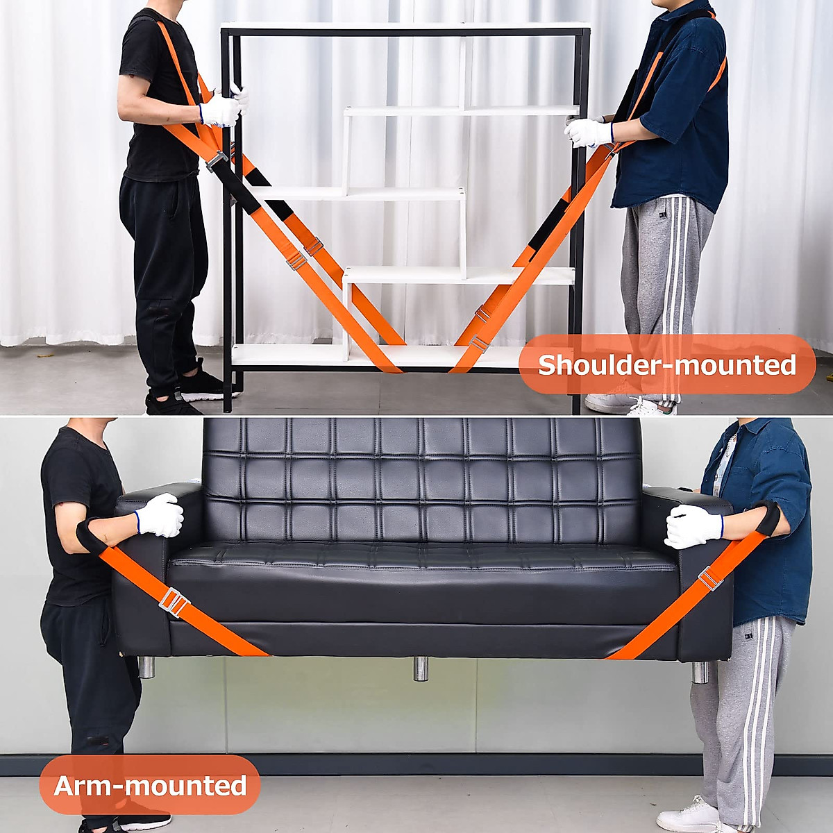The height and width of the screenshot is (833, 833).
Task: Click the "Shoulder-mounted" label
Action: [x=666, y=364]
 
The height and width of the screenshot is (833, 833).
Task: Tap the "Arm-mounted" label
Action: [x=150, y=785]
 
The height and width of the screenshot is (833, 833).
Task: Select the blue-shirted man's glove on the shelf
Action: [x=588, y=132]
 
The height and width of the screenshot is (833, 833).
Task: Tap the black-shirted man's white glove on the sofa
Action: [x=160, y=515]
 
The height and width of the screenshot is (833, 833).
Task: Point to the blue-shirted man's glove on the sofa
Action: [x=693, y=526]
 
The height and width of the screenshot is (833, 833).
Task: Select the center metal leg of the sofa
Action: [x=421, y=668]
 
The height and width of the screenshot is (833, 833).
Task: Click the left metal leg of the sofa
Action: [x=146, y=666]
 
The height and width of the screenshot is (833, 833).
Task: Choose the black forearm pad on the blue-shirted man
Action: [x=767, y=517]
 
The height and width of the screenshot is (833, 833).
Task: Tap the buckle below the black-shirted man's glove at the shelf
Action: [x=217, y=161]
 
